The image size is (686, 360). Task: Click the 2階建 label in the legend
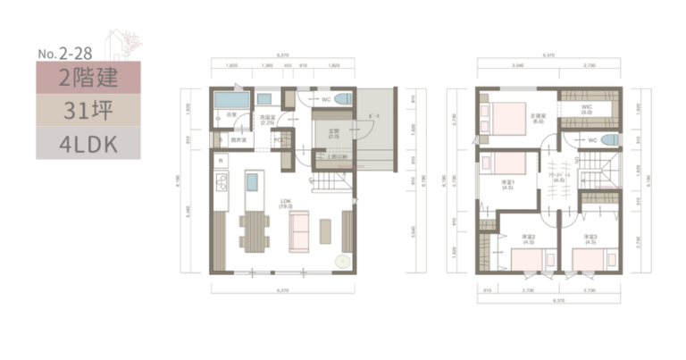pos(88,79)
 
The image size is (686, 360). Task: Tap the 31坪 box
pos(88,111)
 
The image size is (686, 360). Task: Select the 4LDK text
pos(88,143)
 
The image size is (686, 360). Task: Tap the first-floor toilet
pos(343,100)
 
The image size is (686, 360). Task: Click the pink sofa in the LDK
pos(299,231)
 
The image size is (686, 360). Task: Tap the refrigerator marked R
pos(220,160)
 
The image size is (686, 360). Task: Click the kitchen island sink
pos(253,183)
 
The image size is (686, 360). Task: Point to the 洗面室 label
pos(266,119)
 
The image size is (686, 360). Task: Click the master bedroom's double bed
pos(506,117)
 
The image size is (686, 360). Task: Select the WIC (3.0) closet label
pos(587,111)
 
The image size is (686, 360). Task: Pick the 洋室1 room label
pos(506,186)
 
